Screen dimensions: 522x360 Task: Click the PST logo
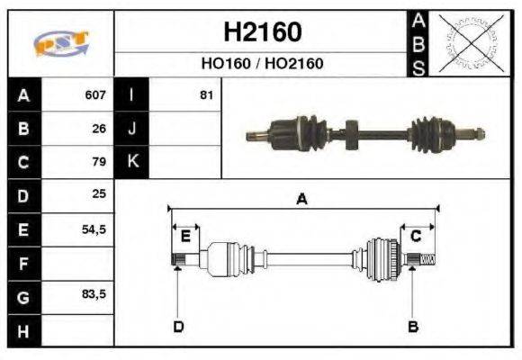tap(61, 43)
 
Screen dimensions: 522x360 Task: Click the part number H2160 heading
tap(263, 32)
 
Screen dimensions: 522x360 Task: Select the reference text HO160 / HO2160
tap(262, 63)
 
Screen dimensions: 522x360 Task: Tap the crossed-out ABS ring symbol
tap(471, 43)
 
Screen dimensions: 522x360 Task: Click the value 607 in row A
tap(95, 94)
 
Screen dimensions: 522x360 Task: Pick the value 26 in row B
tap(99, 129)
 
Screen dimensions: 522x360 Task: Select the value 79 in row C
tap(99, 161)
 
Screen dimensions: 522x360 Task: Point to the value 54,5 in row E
tap(94, 229)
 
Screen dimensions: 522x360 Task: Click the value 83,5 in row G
tap(94, 294)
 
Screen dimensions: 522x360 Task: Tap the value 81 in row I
tap(206, 95)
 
